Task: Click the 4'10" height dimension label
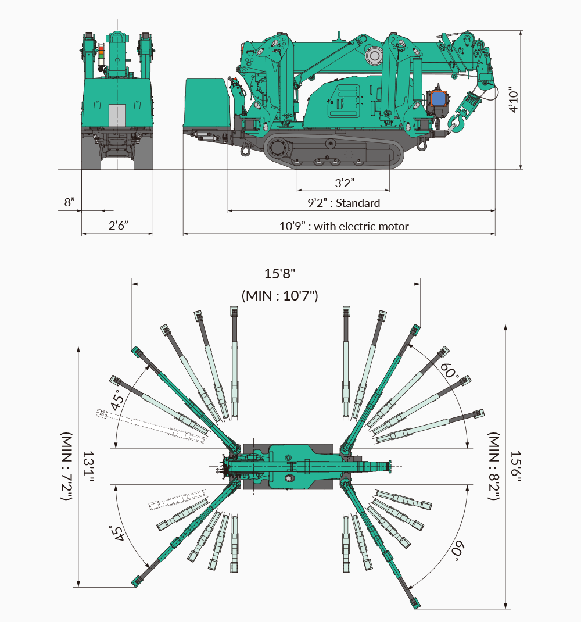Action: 511,100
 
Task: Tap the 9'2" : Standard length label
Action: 344,203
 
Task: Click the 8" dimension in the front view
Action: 70,202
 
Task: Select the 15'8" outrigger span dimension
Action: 280,273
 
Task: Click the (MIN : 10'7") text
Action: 280,295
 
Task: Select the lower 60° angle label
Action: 457,550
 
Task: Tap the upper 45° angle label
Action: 119,400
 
